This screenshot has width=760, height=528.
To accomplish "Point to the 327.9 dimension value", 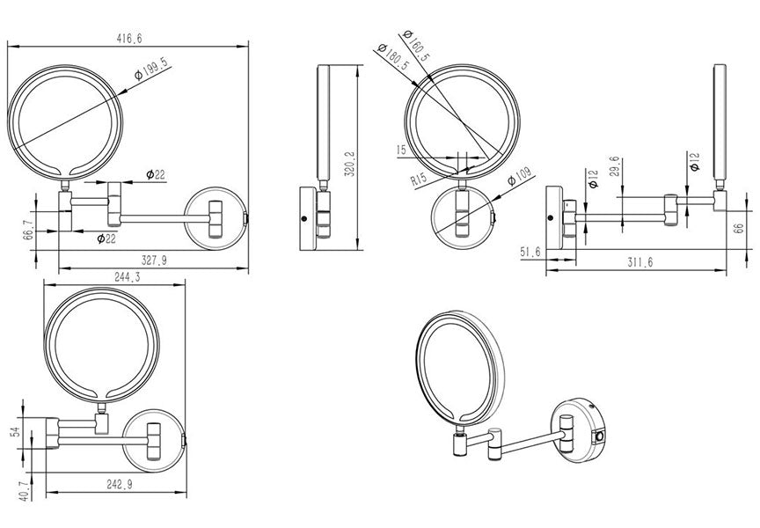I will click(153, 260).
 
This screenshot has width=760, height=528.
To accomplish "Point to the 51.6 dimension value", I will click(530, 252).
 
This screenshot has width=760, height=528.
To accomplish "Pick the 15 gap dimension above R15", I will click(402, 150).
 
